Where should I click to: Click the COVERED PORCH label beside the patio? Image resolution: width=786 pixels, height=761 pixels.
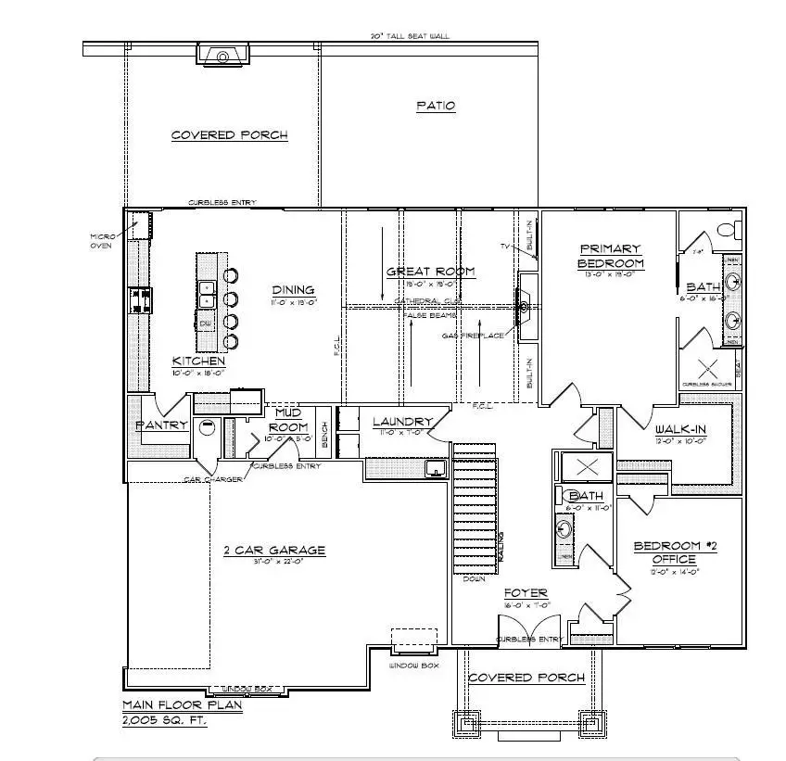[229, 135]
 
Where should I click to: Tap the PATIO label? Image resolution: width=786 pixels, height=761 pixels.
[435, 106]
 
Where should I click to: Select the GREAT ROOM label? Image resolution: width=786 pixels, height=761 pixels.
[430, 272]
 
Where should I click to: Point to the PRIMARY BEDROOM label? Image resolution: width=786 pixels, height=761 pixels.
[610, 255]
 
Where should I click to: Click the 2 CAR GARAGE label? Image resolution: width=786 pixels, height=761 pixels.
[274, 550]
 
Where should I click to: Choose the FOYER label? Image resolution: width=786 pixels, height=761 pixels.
[526, 593]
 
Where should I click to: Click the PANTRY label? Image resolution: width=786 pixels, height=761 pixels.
[162, 425]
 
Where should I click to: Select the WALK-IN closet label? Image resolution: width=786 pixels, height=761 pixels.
[682, 430]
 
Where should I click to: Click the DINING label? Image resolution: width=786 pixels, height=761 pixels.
[293, 289]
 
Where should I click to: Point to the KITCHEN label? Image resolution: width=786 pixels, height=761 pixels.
[198, 361]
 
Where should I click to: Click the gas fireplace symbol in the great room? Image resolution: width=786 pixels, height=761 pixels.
[525, 307]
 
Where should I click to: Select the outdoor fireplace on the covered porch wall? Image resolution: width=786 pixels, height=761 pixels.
[222, 57]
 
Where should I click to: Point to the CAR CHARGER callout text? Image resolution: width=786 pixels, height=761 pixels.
[212, 479]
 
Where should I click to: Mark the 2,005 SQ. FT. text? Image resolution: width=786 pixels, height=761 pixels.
[165, 718]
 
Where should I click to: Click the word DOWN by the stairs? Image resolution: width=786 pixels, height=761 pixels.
[474, 578]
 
